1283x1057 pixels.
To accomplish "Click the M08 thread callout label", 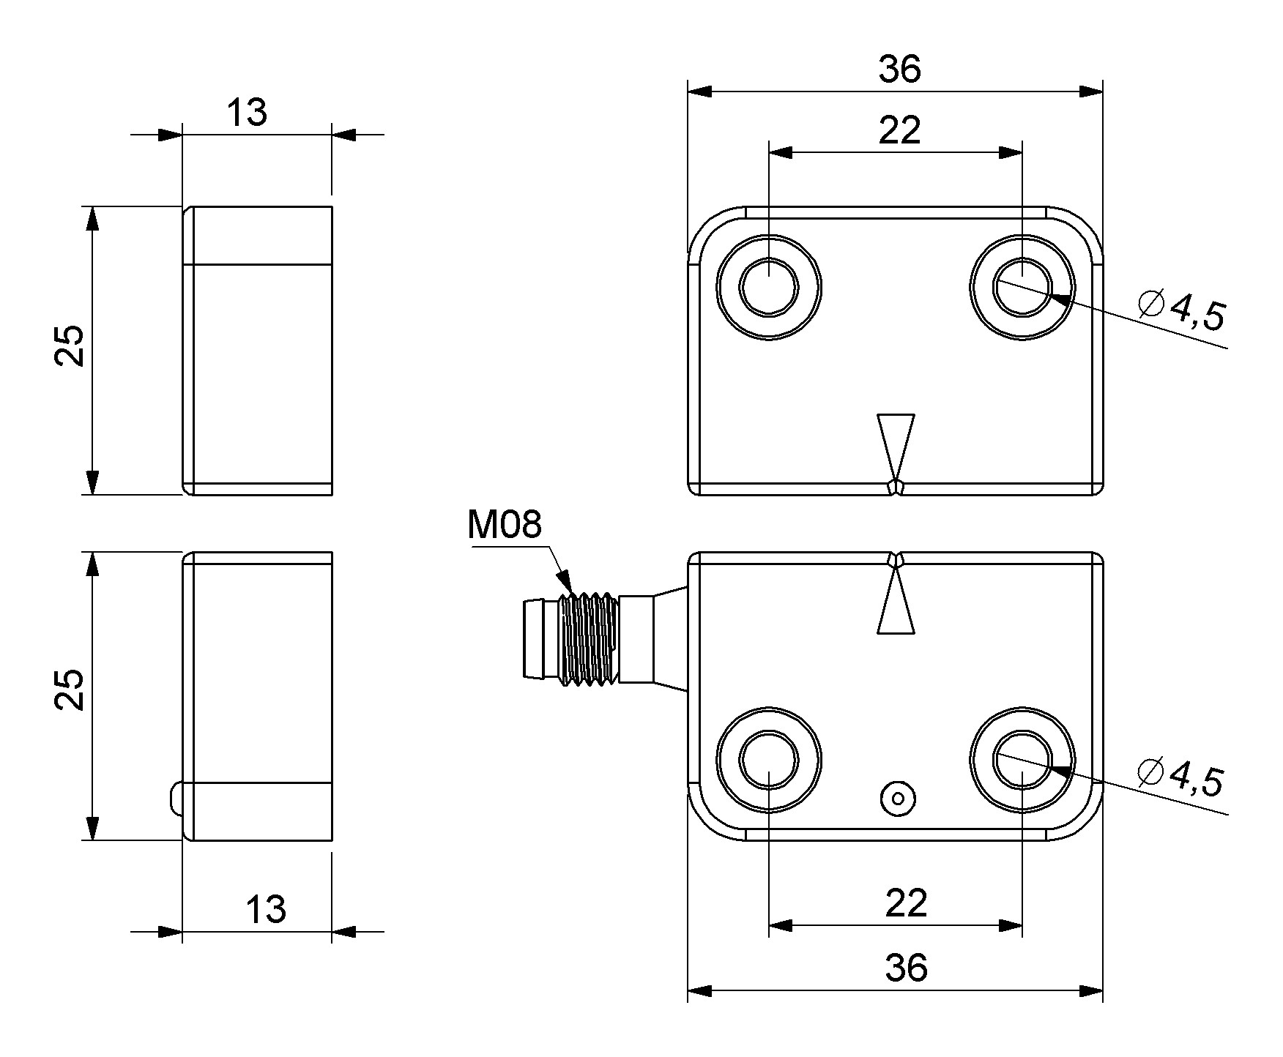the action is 505,525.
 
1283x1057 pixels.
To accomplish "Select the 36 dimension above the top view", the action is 899,70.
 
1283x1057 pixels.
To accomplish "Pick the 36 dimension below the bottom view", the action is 906,968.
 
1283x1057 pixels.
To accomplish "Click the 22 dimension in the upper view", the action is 899,131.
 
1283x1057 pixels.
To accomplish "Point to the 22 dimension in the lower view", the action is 906,903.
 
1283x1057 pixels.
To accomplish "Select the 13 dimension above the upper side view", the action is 247,113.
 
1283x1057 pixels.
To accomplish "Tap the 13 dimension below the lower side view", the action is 265,910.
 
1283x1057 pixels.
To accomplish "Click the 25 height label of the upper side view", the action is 71,346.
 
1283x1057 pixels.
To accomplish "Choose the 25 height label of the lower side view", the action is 71,690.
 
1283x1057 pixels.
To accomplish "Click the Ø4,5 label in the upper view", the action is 1181,311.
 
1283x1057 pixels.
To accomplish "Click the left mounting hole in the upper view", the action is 769,287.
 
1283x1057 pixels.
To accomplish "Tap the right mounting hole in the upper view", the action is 1022,287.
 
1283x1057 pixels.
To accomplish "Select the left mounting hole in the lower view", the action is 769,759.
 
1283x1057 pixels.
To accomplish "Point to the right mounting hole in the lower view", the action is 1022,759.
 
